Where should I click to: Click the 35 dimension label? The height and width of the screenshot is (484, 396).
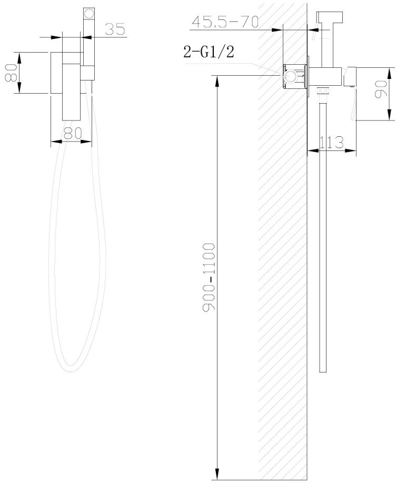click(x=115, y=29)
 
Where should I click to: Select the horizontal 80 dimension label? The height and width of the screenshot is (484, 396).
click(x=73, y=133)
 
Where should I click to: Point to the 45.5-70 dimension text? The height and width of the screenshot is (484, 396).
click(x=225, y=22)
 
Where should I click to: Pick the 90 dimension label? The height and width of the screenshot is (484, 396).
click(x=380, y=89)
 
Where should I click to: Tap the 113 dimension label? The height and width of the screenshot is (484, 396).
click(x=331, y=142)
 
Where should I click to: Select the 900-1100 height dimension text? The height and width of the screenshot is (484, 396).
click(x=209, y=277)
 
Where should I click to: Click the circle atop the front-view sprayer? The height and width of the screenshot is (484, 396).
click(x=89, y=14)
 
